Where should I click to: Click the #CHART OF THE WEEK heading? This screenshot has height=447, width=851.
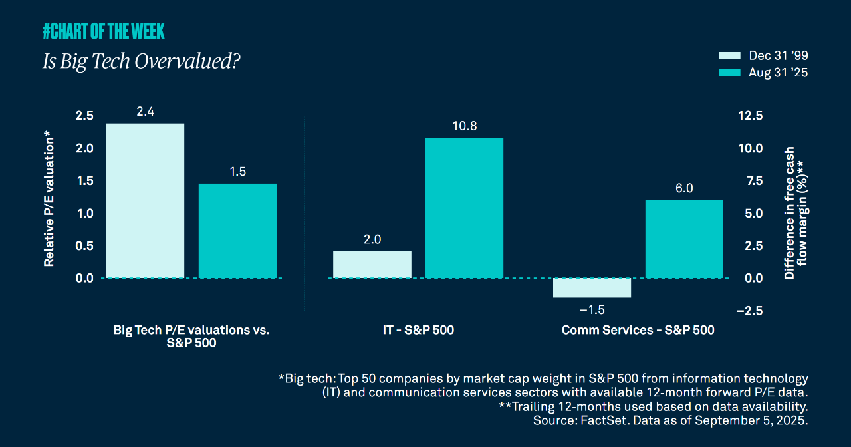pos(103,31)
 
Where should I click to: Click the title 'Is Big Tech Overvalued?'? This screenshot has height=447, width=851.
pos(141,62)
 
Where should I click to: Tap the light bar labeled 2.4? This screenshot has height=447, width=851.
pos(145,201)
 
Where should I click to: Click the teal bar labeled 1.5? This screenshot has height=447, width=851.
pos(237,231)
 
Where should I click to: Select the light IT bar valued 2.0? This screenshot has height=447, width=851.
pos(372,265)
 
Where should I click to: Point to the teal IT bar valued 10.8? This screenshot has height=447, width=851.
pos(464,208)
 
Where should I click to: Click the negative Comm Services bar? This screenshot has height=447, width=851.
pos(592,288)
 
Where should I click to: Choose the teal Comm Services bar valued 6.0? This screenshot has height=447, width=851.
pos(684,239)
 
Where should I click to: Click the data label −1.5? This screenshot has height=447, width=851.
pos(592,310)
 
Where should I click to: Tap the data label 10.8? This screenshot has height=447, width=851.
pos(464,126)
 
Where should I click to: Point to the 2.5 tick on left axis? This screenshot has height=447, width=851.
pos(84,116)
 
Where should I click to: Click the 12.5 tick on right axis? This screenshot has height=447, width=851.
pos(749,116)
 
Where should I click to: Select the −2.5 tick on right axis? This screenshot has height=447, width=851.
pos(749,311)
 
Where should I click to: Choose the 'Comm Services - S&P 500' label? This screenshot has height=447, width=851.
pos(638,330)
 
